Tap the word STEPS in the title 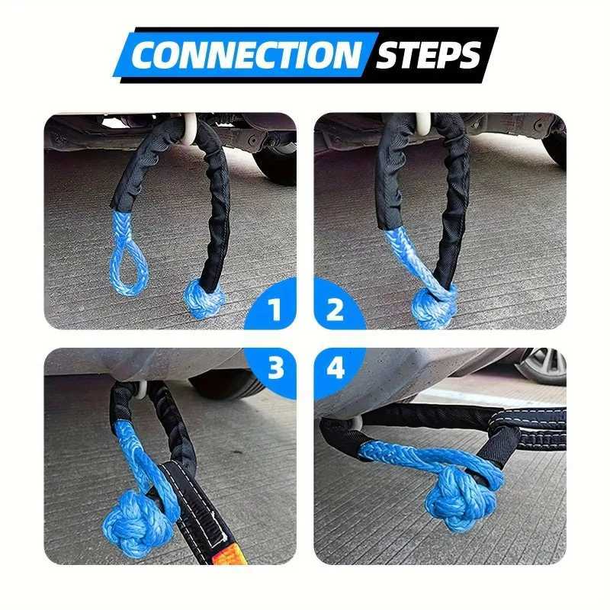pyautogui.click(x=429, y=55)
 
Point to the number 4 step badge pyautogui.click(x=335, y=368)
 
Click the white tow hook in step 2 pyautogui.click(x=422, y=121)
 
